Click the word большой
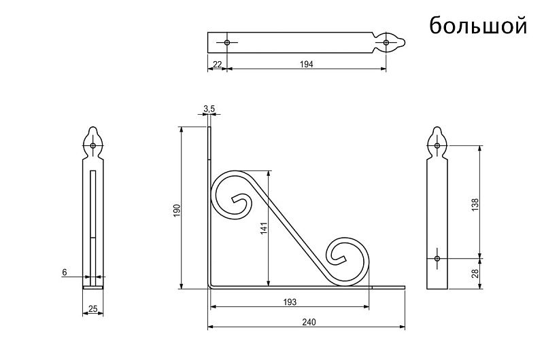click(x=478, y=24)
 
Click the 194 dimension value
click(x=307, y=64)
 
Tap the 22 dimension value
click(x=217, y=64)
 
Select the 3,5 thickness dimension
click(x=209, y=109)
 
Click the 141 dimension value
click(x=264, y=229)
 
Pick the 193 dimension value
click(x=290, y=302)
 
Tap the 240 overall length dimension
click(x=309, y=322)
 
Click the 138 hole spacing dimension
click(x=475, y=204)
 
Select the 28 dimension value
click(x=475, y=273)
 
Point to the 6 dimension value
click(x=65, y=272)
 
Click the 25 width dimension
click(x=93, y=308)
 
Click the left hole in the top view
click(x=227, y=42)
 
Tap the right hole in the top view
click(x=386, y=43)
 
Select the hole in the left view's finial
click(x=92, y=145)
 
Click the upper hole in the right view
click(x=437, y=145)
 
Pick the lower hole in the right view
click(x=437, y=258)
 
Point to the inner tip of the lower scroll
click(x=344, y=259)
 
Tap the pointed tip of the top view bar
click(x=405, y=43)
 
